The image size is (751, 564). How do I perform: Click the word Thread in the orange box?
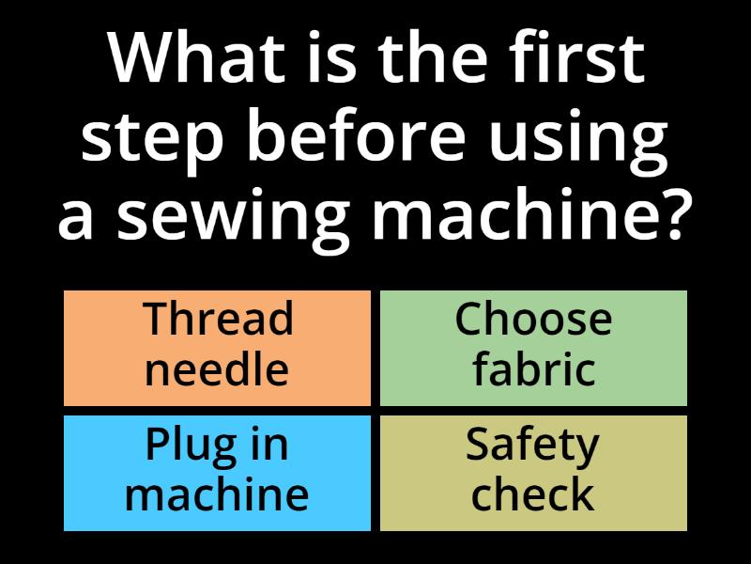(x=218, y=320)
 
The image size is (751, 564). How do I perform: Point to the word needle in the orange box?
(x=217, y=368)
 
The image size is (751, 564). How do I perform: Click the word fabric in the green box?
(x=533, y=368)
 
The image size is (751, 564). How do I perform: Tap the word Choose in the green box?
(x=533, y=320)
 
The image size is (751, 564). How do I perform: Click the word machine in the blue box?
(x=217, y=493)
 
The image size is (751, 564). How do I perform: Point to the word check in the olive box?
(x=532, y=493)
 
